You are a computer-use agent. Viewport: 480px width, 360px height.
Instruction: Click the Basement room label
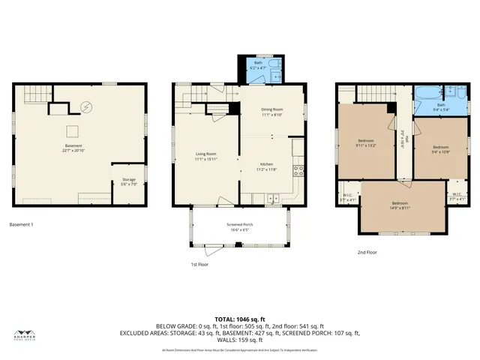click(73, 145)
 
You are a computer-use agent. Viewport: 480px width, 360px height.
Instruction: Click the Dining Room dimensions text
click(271, 115)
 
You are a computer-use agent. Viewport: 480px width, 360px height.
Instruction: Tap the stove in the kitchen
click(298, 168)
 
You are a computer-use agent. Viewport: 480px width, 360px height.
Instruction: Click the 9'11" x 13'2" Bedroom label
click(366, 142)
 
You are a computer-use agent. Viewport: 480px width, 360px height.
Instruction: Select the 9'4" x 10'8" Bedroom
click(441, 148)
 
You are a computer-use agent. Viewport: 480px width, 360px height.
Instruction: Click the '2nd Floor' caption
click(367, 252)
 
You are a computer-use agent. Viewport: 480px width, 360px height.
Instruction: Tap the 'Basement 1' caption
click(22, 225)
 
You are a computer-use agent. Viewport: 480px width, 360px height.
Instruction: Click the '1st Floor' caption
click(199, 265)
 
